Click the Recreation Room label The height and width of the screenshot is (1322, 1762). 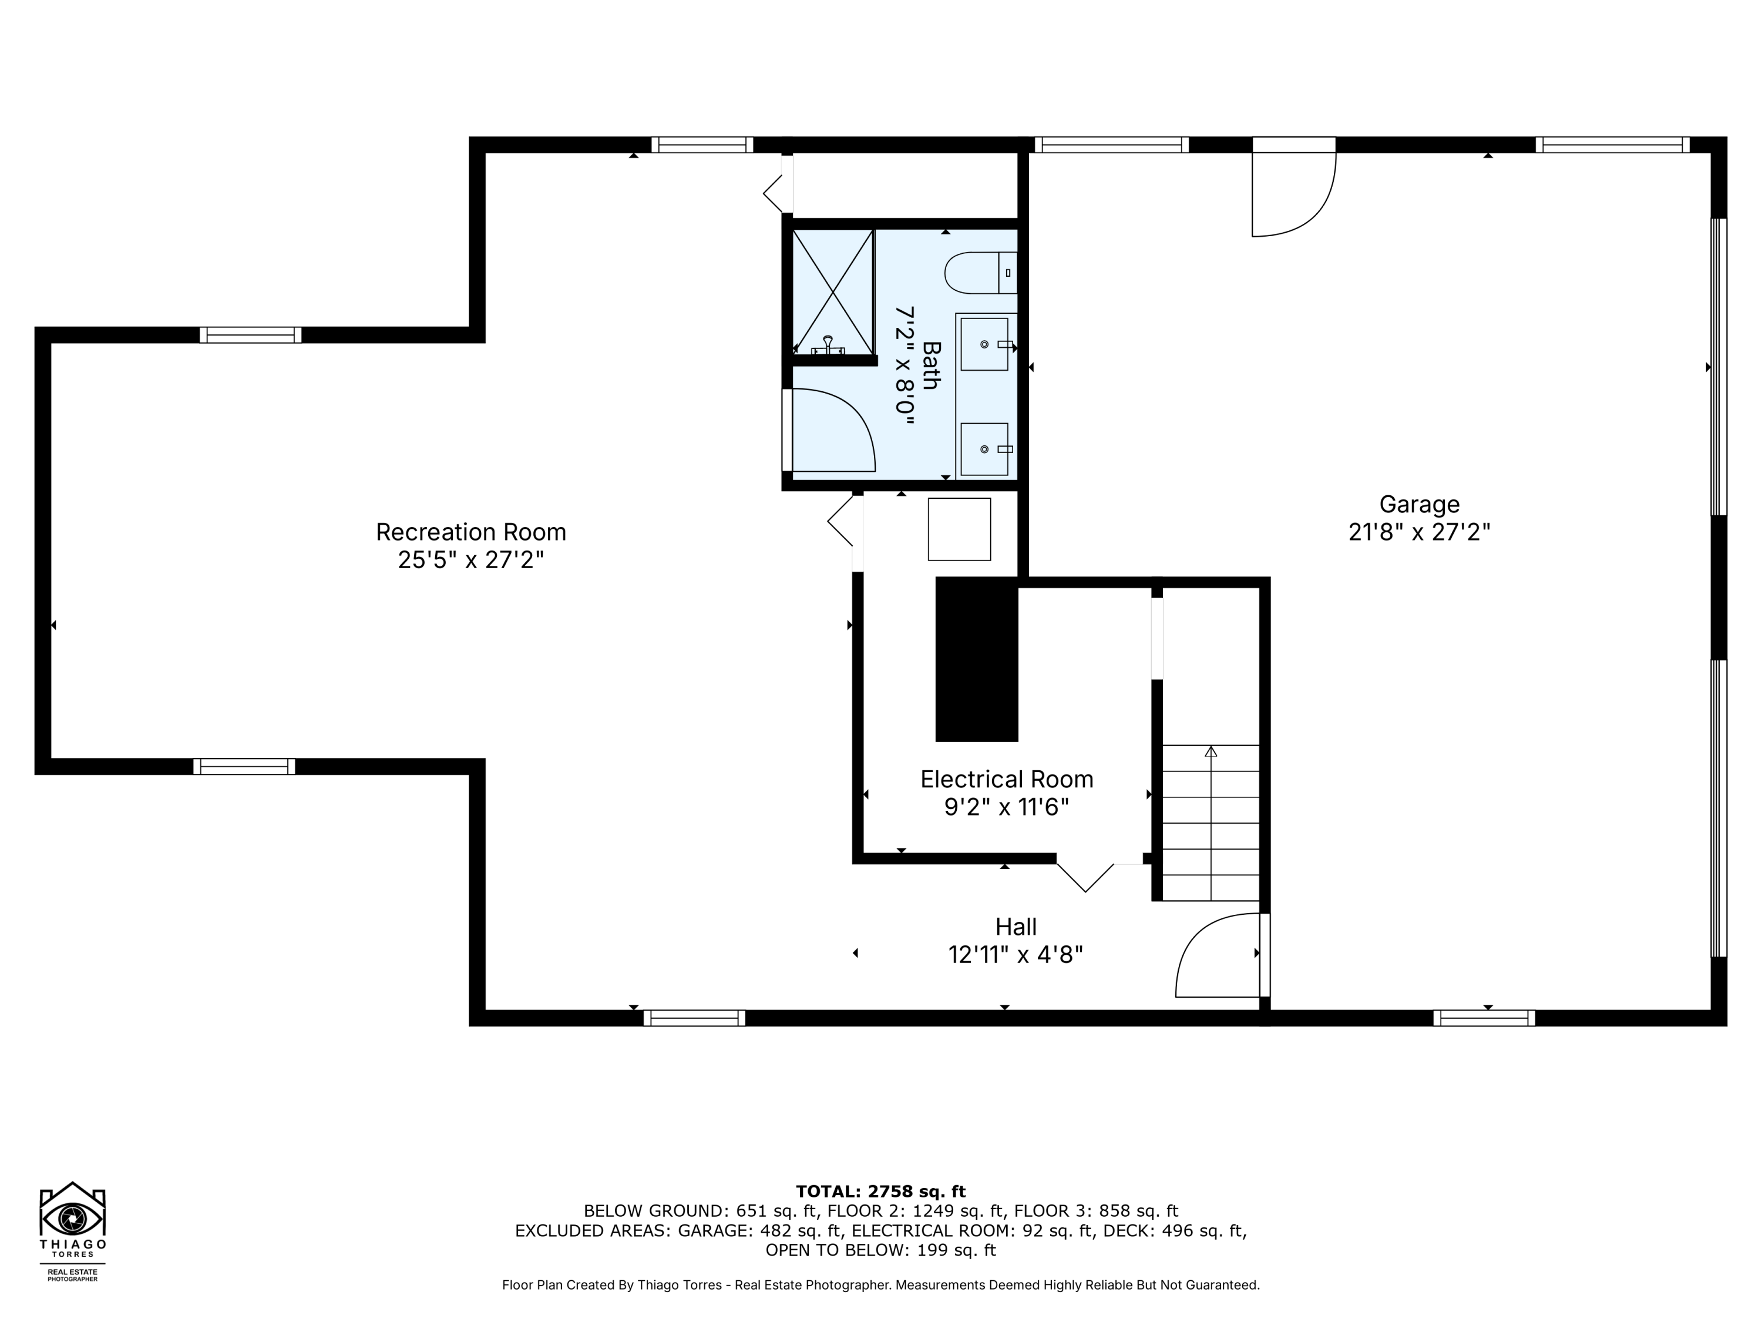point(471,532)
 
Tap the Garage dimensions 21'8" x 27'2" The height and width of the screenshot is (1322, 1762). point(1418,532)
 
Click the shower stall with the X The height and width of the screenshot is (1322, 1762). point(832,291)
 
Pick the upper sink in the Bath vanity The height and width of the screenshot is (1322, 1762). point(984,344)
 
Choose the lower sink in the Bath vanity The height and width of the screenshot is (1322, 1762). point(984,449)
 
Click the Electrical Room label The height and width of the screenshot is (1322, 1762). point(1006,779)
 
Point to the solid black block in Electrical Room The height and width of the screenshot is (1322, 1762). point(977,660)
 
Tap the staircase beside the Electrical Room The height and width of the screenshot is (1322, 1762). point(1210,823)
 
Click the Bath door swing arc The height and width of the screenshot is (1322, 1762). point(832,430)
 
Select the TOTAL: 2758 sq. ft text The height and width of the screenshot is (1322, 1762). point(880,1192)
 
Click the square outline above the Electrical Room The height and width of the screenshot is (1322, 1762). point(959,529)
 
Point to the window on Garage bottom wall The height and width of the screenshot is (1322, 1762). point(1484,1018)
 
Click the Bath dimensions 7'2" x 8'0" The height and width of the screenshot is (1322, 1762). point(906,366)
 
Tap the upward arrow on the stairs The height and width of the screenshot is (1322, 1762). point(1210,751)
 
